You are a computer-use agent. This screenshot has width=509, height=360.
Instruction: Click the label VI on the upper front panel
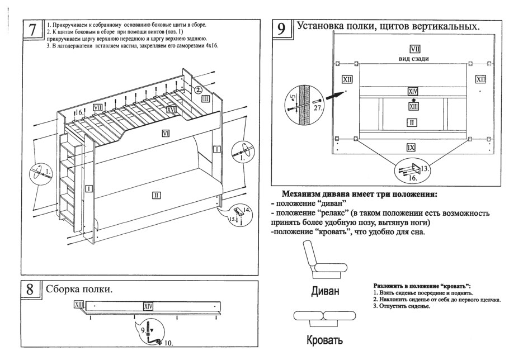click(166, 133)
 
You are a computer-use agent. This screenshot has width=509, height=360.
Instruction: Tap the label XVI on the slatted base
click(172, 110)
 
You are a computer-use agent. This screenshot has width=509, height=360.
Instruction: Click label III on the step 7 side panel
click(205, 99)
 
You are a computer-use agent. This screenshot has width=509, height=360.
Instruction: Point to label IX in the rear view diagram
click(411, 147)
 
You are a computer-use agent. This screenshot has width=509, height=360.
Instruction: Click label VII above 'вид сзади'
click(414, 48)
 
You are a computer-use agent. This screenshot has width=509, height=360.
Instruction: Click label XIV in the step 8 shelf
click(148, 306)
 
